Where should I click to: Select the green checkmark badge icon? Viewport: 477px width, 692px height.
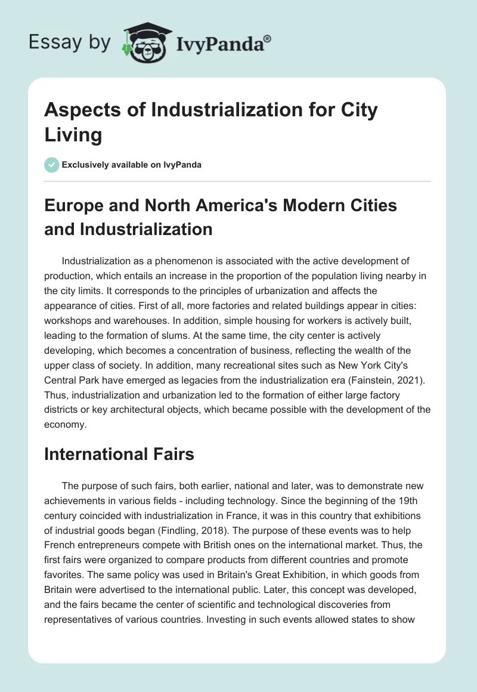52,165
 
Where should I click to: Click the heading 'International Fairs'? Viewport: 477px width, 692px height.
119,454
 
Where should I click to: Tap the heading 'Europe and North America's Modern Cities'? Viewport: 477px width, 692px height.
221,206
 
